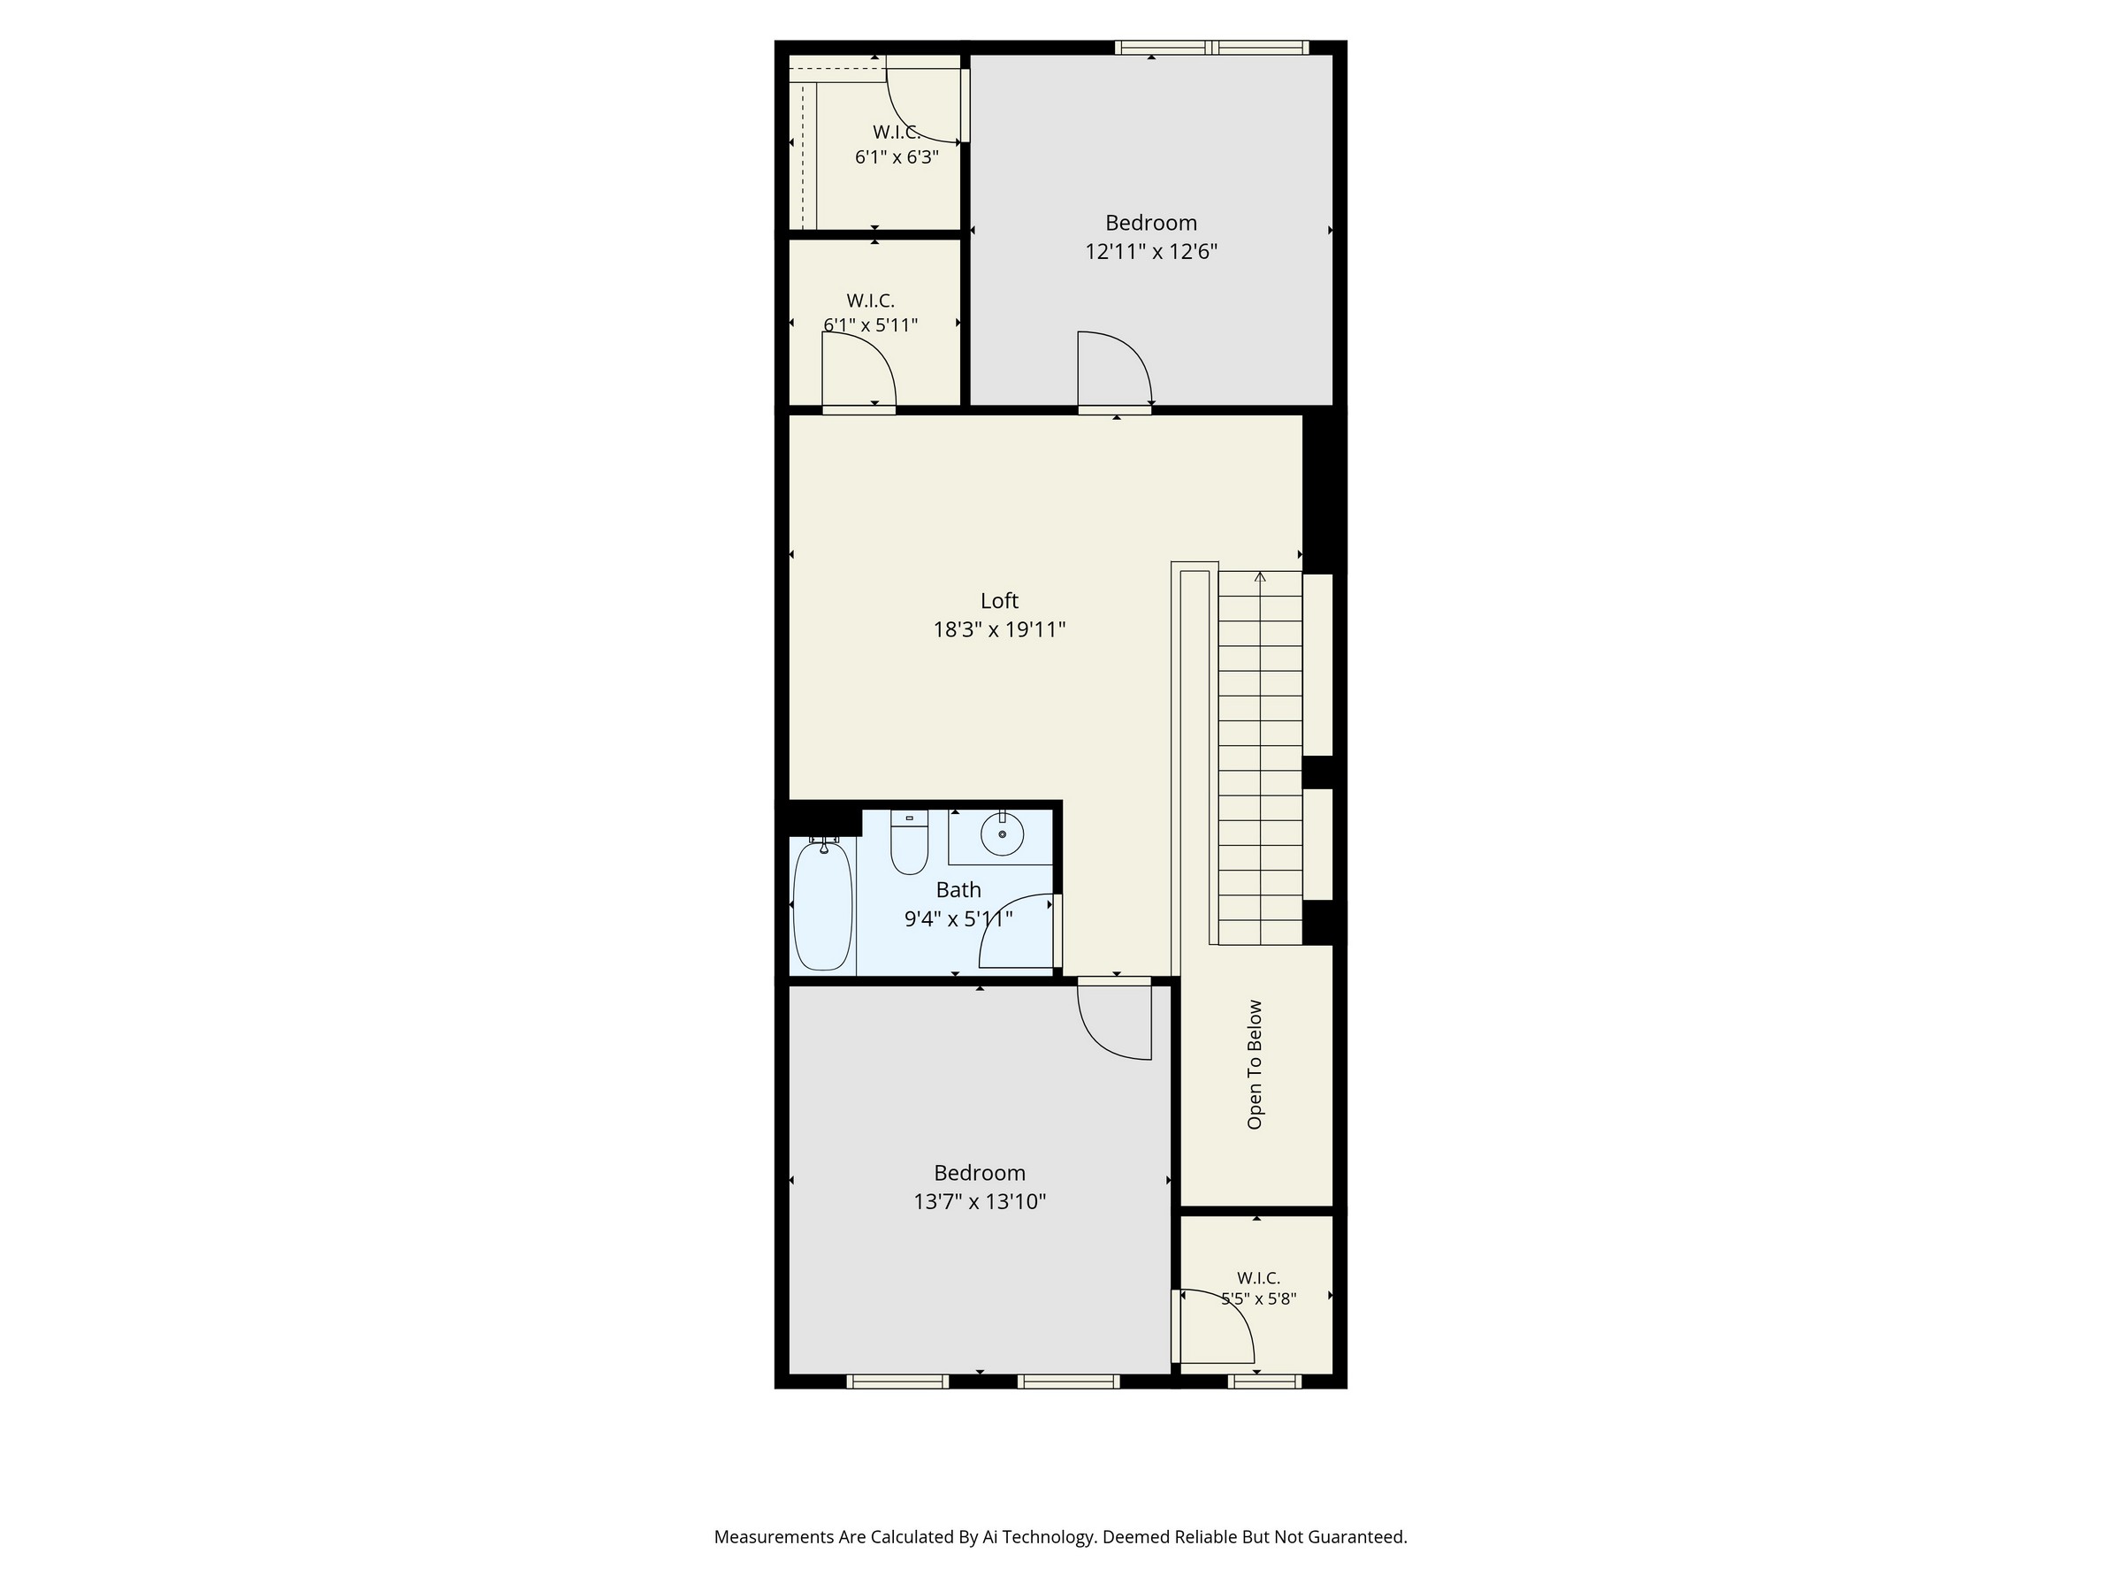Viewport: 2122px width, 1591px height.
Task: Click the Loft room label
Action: click(998, 601)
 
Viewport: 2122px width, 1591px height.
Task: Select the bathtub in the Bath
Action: click(823, 904)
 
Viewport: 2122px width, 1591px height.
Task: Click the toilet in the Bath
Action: click(910, 842)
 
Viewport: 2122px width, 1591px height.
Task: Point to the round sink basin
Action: click(1003, 834)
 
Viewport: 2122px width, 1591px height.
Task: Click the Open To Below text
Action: click(1255, 1064)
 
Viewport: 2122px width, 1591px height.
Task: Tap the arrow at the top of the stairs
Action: click(1260, 576)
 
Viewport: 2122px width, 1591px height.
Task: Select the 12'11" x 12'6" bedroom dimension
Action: click(1151, 252)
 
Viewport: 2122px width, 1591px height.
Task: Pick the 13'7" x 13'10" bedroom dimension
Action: click(980, 1201)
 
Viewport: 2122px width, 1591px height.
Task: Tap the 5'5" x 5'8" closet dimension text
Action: click(1259, 1299)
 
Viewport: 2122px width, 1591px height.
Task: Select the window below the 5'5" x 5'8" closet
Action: click(1264, 1382)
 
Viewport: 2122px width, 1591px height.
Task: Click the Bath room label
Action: click(958, 890)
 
